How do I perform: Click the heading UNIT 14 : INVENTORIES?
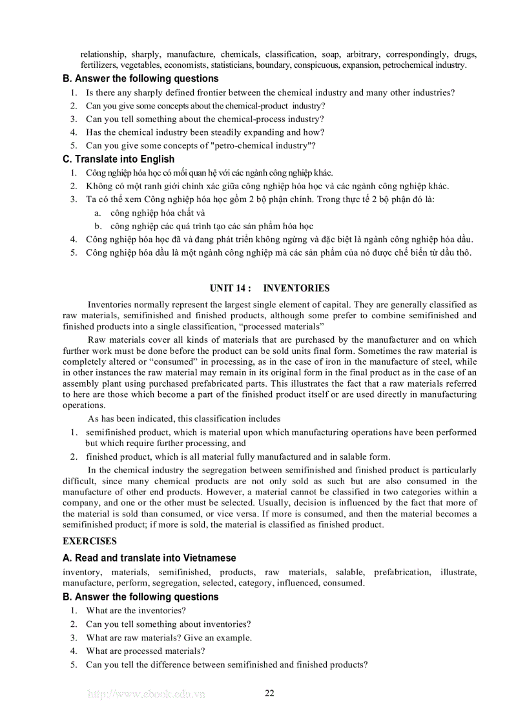(269, 288)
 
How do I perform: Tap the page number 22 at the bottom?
(269, 693)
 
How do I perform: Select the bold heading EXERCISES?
(90, 541)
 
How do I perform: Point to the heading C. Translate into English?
(118, 159)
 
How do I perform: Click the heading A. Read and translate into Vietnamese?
(149, 558)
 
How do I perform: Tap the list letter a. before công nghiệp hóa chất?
(98, 212)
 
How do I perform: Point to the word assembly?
(81, 383)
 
